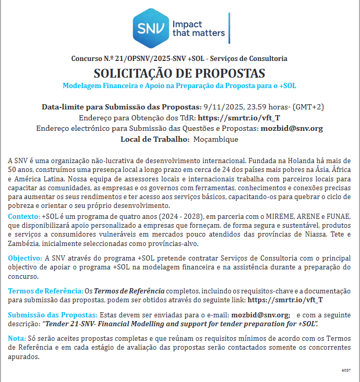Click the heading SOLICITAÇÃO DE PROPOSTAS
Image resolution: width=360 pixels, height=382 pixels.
tap(179, 73)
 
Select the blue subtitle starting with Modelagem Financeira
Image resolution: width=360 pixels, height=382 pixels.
tap(179, 85)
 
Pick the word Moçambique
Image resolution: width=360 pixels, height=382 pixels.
tap(215, 139)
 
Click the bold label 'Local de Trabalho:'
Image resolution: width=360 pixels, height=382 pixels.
tap(154, 139)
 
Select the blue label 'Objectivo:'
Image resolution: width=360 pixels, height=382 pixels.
tap(26, 258)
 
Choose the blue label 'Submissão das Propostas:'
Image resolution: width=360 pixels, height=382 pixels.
tap(53, 315)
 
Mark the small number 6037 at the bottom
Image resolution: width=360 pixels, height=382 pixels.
tap(346, 369)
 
